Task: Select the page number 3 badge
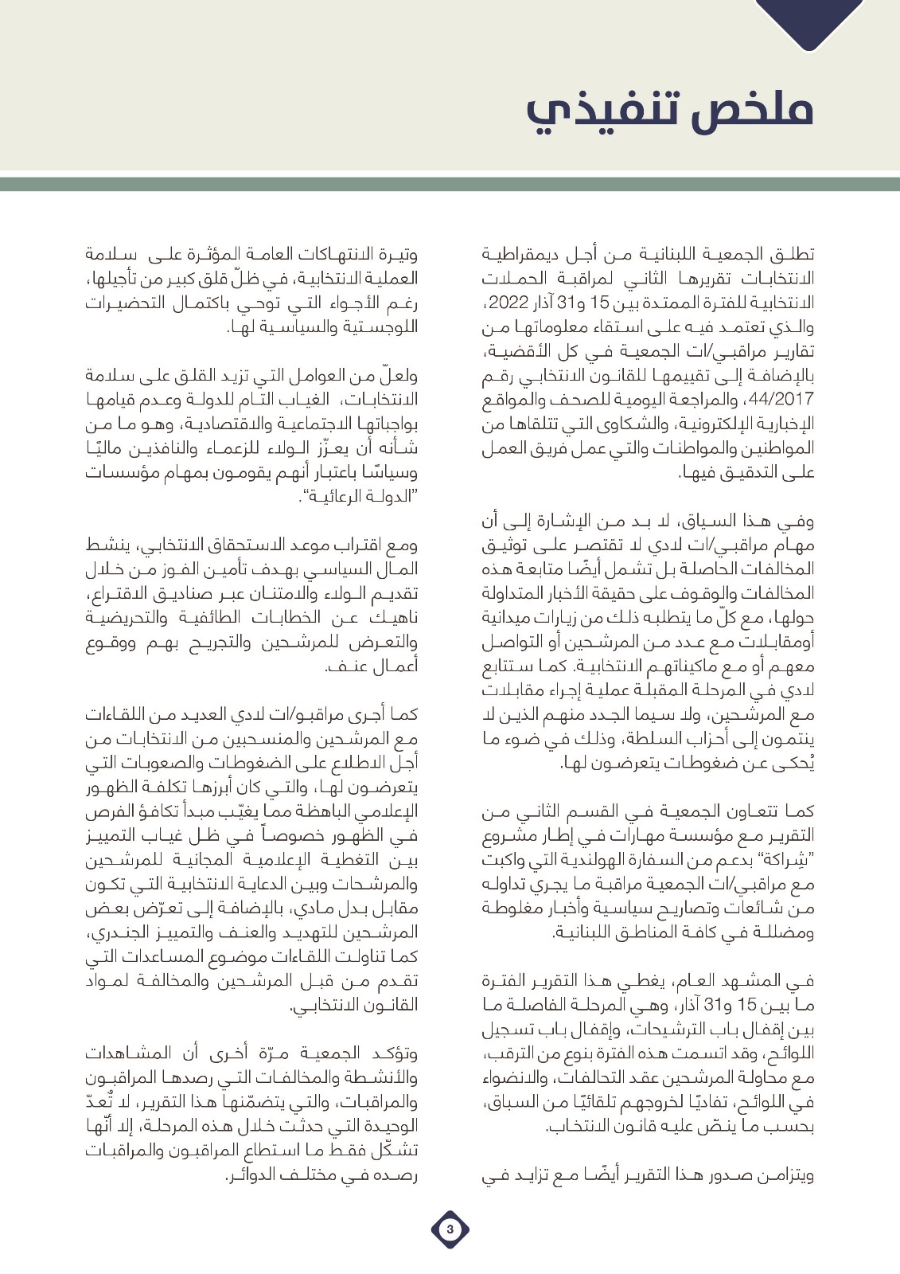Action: [450, 1229]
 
